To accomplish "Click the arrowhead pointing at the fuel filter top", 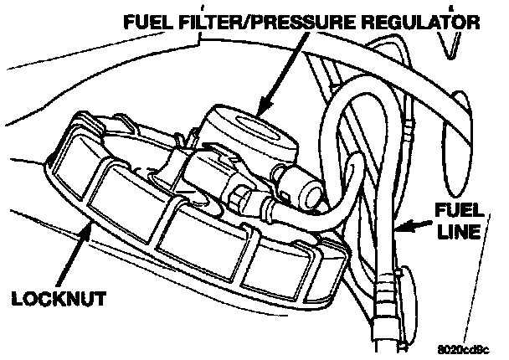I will click(x=260, y=108).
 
